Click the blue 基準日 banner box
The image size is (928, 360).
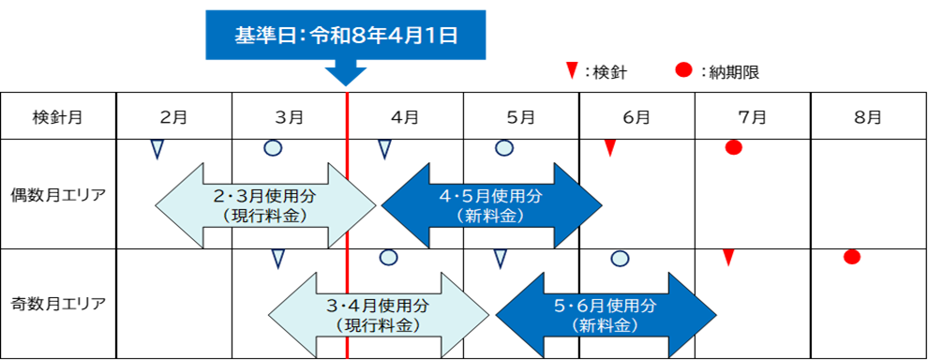pos(346,36)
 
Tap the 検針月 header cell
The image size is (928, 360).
pos(58,117)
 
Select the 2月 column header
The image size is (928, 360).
pos(173,117)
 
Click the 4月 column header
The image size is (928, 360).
pos(405,117)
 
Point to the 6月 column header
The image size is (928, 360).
pos(636,117)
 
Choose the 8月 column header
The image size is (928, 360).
pos(868,117)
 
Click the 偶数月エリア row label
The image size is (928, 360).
pos(58,195)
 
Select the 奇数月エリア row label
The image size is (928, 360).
pos(58,303)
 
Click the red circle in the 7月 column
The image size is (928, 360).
pos(734,147)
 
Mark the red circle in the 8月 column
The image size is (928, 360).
pos(851,257)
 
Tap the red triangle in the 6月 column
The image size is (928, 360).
pos(610,147)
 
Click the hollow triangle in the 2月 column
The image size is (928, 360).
pos(157,148)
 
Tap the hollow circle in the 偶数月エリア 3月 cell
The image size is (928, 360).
pos(273,147)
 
